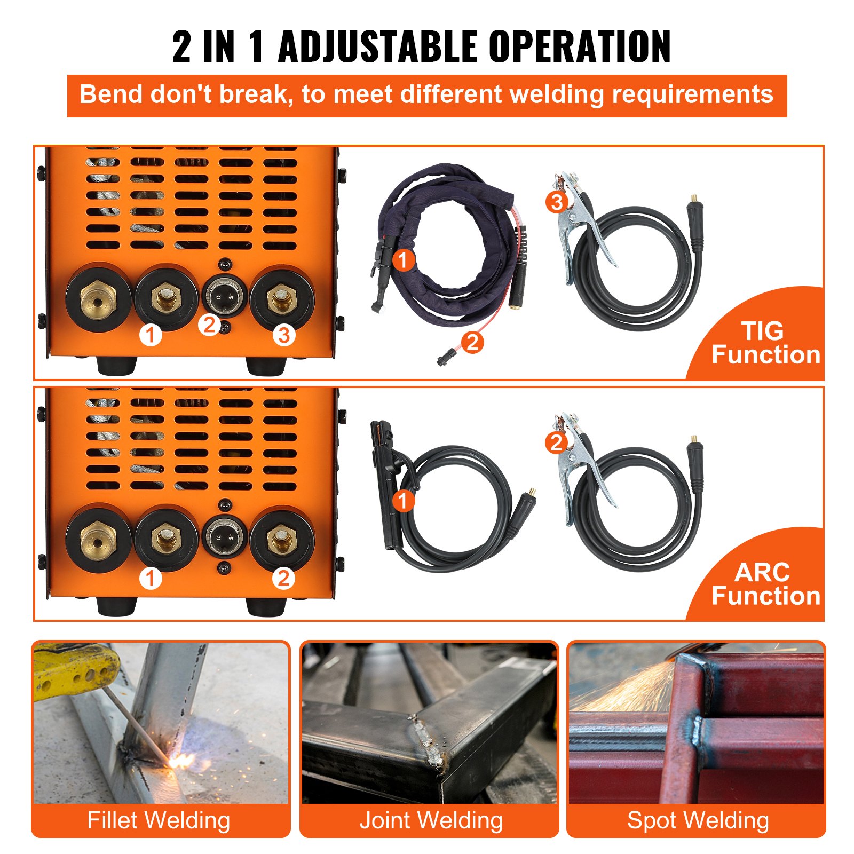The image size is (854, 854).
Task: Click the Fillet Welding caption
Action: click(159, 820)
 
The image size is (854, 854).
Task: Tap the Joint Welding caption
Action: click(431, 820)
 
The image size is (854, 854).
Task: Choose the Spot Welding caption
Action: click(698, 820)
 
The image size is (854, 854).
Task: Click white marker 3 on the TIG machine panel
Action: click(284, 335)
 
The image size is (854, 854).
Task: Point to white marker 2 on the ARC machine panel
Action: click(283, 578)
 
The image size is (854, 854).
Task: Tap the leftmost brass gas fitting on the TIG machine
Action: click(98, 298)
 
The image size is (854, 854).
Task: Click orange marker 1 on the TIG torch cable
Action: click(403, 260)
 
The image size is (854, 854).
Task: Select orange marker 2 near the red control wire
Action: click(472, 342)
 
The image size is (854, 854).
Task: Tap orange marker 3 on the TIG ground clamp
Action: click(557, 202)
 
